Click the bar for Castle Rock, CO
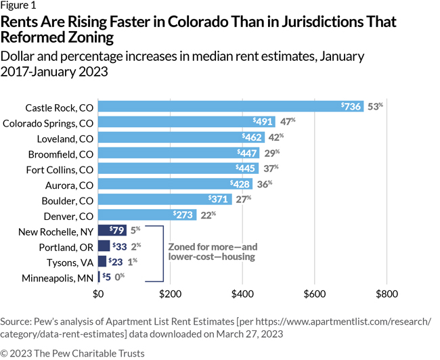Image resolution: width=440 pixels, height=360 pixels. pos(230,107)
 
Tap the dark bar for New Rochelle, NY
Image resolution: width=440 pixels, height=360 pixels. pos(112,231)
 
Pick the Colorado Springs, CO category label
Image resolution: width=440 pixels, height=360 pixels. pos(48,122)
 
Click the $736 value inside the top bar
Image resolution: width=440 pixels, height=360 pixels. pos(350,107)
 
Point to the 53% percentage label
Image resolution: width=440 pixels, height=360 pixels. pos(375,107)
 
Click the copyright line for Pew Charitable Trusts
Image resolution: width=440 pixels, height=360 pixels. pos(72,353)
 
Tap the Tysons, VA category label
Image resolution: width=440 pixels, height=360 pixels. pos(66,261)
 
